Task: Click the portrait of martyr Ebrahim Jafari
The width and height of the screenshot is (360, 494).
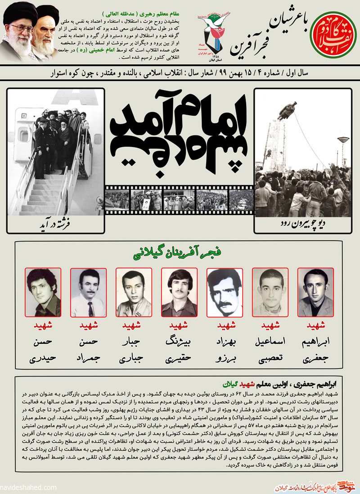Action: pyautogui.click(x=315, y=293)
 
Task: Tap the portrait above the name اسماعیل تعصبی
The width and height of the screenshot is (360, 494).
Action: pyautogui.click(x=270, y=293)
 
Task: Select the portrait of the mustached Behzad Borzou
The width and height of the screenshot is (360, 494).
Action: pyautogui.click(x=225, y=293)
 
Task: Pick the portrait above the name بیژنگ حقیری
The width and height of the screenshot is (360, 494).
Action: pyautogui.click(x=179, y=293)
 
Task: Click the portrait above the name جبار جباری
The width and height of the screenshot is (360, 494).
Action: pyautogui.click(x=134, y=293)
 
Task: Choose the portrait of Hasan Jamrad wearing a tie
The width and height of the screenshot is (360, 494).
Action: pyautogui.click(x=88, y=293)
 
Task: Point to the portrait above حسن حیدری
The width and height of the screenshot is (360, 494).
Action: pyautogui.click(x=43, y=293)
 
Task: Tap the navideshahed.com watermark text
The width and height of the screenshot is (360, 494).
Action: pyautogui.click(x=27, y=487)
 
